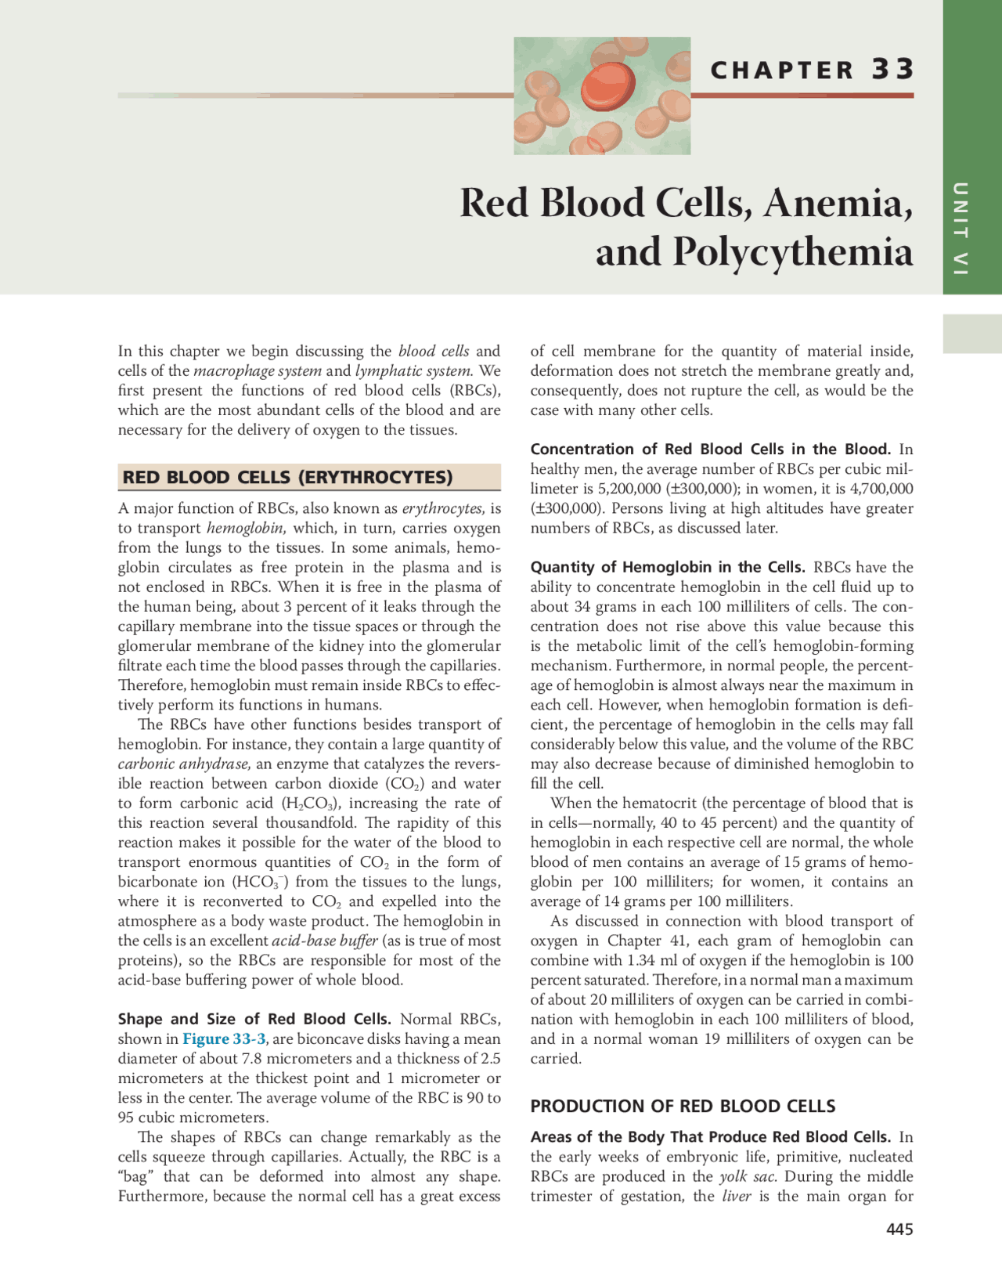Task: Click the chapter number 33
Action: pos(892,69)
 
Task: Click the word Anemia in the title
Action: pos(838,203)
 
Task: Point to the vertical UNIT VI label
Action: pos(961,228)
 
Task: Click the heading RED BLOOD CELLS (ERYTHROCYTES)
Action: pos(287,477)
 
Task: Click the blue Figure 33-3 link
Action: pos(224,1039)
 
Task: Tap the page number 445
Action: pos(899,1230)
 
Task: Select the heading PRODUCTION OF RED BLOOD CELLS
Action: pos(683,1107)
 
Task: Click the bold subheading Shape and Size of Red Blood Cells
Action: pos(254,1019)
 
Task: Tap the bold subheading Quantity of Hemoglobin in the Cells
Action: pos(667,567)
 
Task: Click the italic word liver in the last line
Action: pos(736,1196)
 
